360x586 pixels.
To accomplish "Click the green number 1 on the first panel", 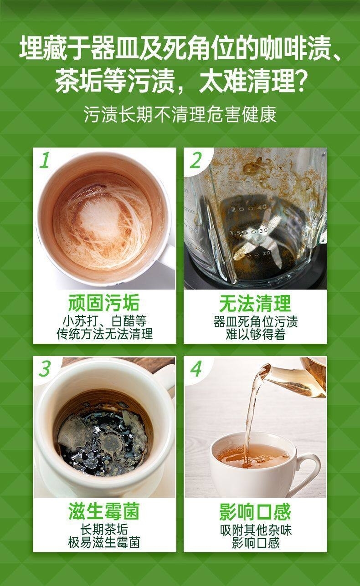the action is click(x=45, y=160).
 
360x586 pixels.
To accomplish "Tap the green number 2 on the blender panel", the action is click(x=195, y=160).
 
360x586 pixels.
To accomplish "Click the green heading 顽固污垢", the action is click(x=104, y=303).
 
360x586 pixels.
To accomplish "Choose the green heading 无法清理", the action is click(x=255, y=303).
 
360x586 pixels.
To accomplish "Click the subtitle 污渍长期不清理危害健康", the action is click(x=180, y=114).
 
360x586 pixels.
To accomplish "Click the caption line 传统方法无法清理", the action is click(x=104, y=334).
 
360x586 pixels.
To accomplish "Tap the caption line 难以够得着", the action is click(x=255, y=334).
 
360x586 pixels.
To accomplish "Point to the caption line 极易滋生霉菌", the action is click(x=104, y=542).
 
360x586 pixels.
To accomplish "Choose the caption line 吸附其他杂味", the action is click(x=256, y=530).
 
